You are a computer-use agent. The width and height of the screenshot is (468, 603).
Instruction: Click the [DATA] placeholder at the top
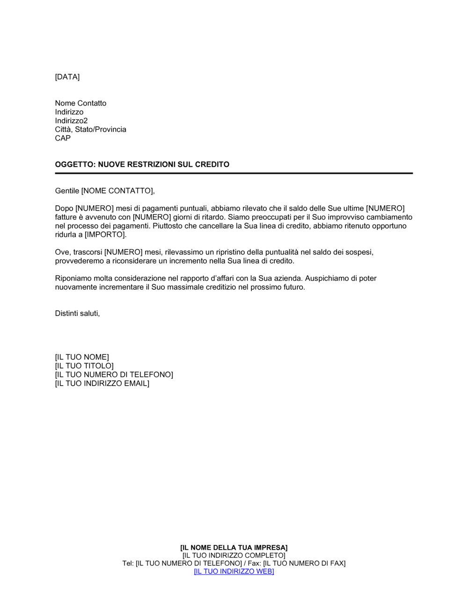(67, 77)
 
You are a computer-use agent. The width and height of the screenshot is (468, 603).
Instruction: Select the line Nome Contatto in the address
(80, 103)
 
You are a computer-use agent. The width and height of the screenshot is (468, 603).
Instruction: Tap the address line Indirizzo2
(71, 121)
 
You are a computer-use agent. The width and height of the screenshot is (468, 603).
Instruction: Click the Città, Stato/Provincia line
(90, 129)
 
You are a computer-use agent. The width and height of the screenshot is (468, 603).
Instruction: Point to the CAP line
(63, 138)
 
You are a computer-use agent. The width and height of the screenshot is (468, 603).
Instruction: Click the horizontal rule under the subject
(234, 173)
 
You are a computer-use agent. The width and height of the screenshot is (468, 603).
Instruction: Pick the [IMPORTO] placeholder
(105, 235)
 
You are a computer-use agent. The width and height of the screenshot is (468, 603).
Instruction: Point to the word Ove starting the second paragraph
(62, 252)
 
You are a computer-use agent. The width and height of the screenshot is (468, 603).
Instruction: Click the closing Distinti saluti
(77, 313)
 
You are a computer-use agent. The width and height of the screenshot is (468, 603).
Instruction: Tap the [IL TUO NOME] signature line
(82, 357)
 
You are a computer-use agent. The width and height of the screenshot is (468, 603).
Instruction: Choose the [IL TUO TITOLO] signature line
(84, 366)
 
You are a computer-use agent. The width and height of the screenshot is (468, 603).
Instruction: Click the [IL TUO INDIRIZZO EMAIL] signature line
(102, 383)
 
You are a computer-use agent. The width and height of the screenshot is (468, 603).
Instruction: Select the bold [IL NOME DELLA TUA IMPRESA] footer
(234, 547)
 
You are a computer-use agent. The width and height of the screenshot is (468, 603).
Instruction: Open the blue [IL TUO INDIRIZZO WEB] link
(234, 571)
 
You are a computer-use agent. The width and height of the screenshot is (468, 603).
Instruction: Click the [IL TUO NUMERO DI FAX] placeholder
(304, 563)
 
